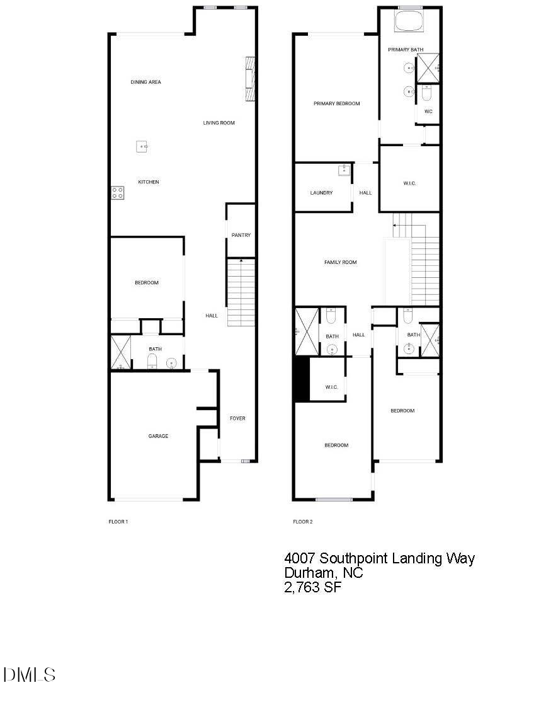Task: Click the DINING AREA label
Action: click(146, 82)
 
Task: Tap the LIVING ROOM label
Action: click(219, 123)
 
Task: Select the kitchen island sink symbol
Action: click(142, 147)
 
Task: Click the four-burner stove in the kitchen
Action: click(118, 193)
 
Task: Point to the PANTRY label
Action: click(241, 235)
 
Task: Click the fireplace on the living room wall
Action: click(250, 79)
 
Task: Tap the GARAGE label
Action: click(158, 436)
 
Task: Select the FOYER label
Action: click(237, 418)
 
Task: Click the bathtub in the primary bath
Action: click(409, 21)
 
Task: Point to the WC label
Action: click(428, 112)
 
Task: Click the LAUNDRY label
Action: click(321, 193)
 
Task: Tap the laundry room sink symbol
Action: click(344, 170)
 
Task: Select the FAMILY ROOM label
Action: click(340, 262)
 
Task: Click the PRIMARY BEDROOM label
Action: click(337, 103)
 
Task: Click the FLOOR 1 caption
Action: click(118, 522)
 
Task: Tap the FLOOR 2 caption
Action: click(303, 522)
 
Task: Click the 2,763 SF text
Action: click(313, 588)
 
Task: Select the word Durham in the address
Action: click(309, 573)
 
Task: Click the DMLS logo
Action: click(29, 675)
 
